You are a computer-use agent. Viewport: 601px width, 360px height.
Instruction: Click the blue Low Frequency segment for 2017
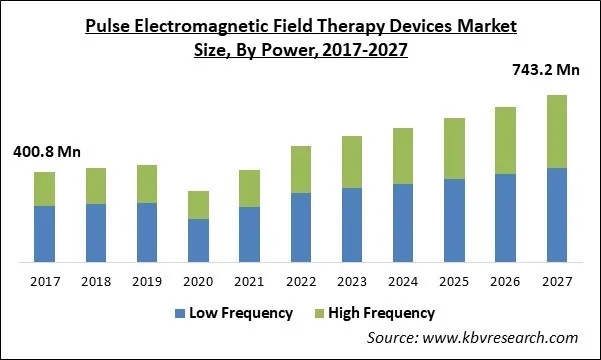[44, 234]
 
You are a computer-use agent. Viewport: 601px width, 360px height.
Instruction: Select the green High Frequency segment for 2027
[556, 131]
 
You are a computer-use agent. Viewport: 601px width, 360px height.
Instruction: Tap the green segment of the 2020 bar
[198, 205]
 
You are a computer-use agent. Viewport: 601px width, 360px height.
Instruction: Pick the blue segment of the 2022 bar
[301, 227]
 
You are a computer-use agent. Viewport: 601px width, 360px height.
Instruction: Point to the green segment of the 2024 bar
[403, 156]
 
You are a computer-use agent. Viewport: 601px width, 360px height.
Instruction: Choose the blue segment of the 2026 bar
[505, 218]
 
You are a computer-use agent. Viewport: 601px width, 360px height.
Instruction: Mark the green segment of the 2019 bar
[147, 184]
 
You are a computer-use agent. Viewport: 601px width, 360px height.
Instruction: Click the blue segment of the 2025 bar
[454, 220]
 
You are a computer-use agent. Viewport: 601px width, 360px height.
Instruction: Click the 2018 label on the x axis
[96, 283]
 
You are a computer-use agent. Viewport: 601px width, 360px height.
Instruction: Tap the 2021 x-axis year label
[249, 283]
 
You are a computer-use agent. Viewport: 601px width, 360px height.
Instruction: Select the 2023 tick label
[352, 283]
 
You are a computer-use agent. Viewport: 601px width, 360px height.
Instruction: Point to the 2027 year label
[556, 283]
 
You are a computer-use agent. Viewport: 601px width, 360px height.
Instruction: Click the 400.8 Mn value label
[46, 153]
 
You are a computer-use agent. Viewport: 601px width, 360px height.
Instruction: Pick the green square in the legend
[319, 313]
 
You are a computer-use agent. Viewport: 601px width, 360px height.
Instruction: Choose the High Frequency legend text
[382, 313]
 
